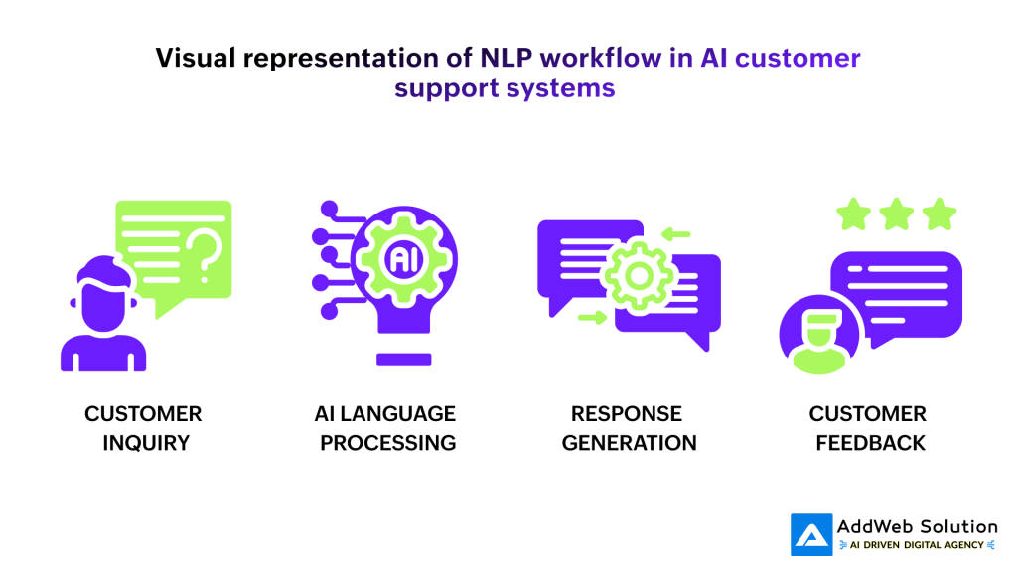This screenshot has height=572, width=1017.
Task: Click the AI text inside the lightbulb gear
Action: [x=402, y=260]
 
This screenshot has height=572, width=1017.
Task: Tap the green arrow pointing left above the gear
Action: [x=676, y=235]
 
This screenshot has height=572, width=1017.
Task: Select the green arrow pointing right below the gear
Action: [x=593, y=318]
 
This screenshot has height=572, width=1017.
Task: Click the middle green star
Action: [x=897, y=214]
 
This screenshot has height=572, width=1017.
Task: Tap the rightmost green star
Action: [x=940, y=214]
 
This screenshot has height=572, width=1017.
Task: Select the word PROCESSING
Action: [x=388, y=442]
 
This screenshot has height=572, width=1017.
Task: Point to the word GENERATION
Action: [x=630, y=442]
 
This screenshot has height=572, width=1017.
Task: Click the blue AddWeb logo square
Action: [x=811, y=533]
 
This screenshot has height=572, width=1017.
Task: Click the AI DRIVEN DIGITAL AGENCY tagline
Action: [x=917, y=545]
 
